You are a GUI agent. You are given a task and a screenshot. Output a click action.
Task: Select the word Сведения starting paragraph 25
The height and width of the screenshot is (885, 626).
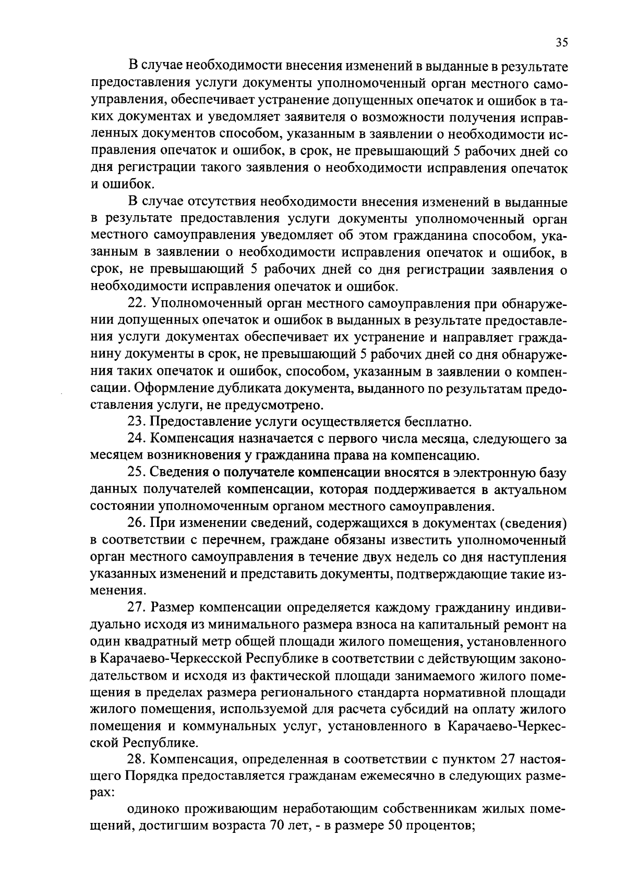tap(179, 472)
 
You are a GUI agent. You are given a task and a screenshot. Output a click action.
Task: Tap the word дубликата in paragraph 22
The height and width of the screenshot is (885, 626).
tap(255, 388)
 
